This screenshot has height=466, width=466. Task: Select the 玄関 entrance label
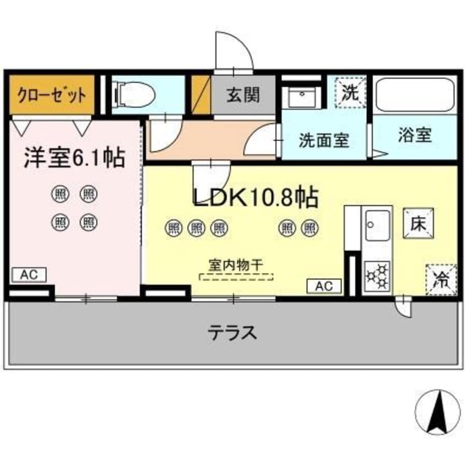coord(242,95)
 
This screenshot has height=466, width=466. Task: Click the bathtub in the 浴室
coord(414,95)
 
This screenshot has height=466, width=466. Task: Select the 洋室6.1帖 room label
coord(73,158)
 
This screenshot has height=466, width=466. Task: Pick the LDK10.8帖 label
coord(254,197)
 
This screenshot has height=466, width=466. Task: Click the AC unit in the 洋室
coord(29,274)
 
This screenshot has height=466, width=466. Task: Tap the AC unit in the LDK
coord(324,286)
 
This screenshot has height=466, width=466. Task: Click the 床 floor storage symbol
coord(417,223)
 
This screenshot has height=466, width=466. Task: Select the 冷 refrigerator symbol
coord(441,279)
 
